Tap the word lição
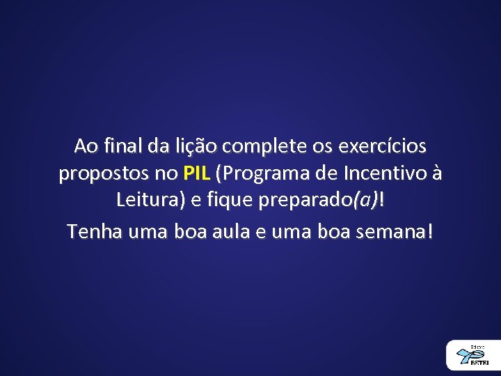click(x=198, y=146)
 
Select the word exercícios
click(x=382, y=146)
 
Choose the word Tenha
click(x=92, y=230)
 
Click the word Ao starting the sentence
click(x=86, y=146)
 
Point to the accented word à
click(x=436, y=173)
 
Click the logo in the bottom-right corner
click(x=474, y=355)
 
